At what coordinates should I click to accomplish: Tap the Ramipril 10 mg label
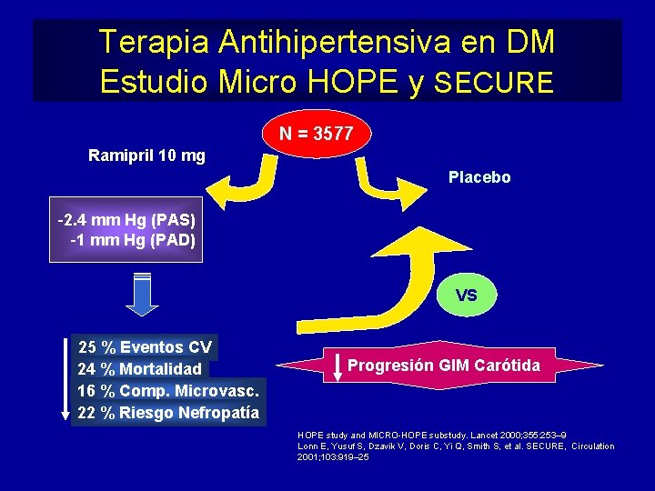point(146,155)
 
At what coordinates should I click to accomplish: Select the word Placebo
point(479,177)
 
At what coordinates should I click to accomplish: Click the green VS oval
point(466,295)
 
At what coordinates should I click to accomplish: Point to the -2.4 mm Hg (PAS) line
point(125,221)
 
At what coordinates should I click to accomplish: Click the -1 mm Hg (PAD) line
point(132,240)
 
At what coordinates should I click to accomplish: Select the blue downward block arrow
point(141,294)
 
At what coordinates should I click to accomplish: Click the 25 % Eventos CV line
point(146,346)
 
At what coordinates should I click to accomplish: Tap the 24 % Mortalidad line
point(140,369)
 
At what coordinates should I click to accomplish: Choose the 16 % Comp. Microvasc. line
point(169,391)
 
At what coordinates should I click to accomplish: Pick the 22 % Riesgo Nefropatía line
point(168,414)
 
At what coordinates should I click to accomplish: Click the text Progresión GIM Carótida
point(444,366)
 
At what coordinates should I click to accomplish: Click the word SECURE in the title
point(494,84)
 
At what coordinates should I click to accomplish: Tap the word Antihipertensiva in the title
point(300,42)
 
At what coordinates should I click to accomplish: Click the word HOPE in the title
point(352,83)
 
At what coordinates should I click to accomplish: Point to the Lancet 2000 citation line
point(431,436)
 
